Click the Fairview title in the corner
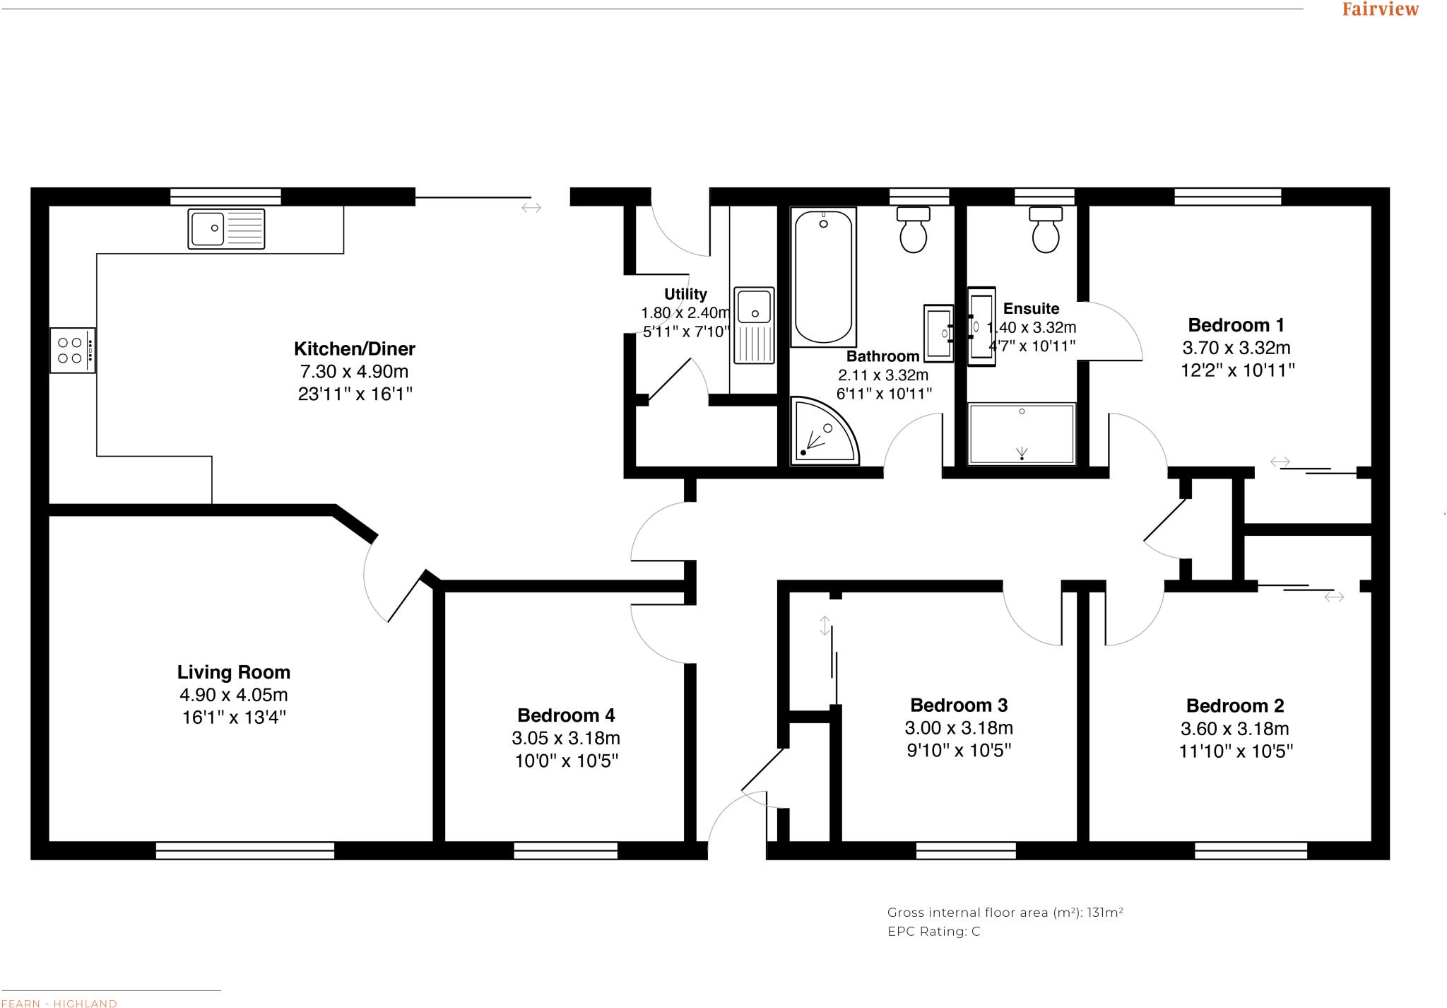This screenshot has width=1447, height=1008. pos(1380,9)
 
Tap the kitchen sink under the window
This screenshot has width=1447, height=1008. pos(226,228)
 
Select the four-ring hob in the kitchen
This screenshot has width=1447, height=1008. pos(72,350)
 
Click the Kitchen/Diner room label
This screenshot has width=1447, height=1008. pos(354,348)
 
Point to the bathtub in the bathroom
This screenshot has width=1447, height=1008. pos(823,277)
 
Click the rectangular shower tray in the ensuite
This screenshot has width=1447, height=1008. pos(1022,433)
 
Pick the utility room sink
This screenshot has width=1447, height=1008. pos(754,324)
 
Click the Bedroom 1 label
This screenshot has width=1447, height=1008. pos(1236,325)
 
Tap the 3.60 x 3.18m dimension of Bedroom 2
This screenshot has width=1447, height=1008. pos(1234,728)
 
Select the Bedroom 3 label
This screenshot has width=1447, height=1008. pos(959,705)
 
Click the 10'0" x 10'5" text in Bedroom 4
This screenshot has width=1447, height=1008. pos(567,761)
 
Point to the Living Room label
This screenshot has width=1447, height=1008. pos(234,672)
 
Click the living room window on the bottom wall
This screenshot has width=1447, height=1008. pos(244,850)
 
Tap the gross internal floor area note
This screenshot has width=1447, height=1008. pos(1005,913)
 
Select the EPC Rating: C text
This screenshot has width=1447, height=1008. pos(933,932)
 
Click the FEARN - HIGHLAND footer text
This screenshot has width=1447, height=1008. pos(59,1003)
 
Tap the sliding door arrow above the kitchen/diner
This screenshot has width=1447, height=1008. pos(531,207)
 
